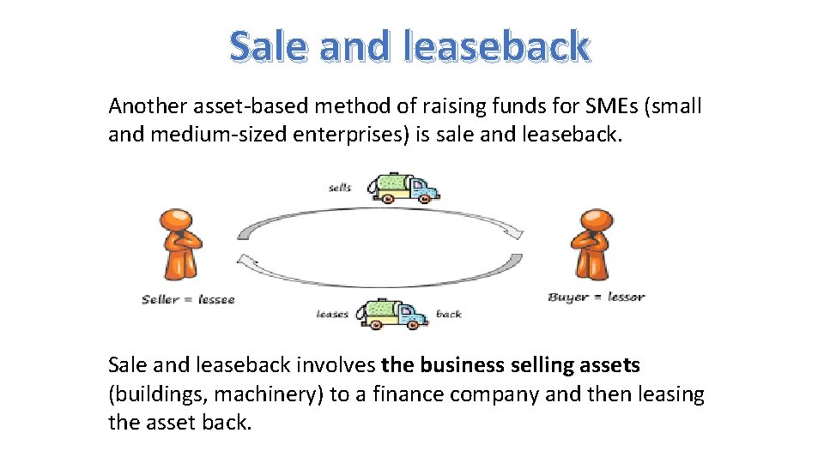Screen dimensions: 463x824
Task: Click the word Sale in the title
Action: [x=269, y=46]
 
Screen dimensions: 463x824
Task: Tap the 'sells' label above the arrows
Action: [x=340, y=188]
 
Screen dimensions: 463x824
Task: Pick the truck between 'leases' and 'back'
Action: [x=396, y=313]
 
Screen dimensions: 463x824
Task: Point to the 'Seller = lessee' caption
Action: [x=188, y=299]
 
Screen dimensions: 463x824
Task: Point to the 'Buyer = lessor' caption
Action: [x=596, y=297]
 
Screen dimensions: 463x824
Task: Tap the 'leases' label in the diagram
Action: [x=332, y=314]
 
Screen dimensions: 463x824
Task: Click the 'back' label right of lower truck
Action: [x=449, y=314]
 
